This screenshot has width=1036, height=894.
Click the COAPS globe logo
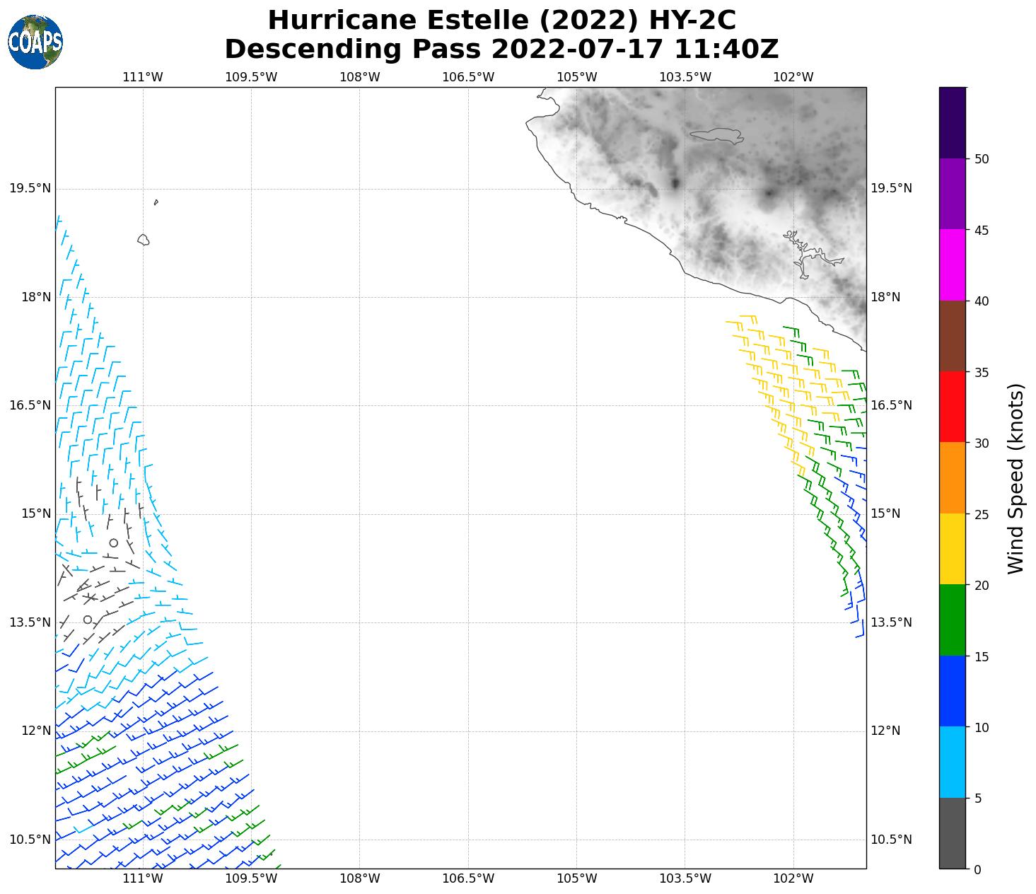pos(35,42)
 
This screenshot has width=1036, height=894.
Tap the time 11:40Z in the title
pos(726,50)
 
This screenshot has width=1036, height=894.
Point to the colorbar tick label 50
pos(981,159)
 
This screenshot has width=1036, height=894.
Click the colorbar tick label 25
pos(981,514)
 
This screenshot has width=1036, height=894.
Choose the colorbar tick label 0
pos(977,869)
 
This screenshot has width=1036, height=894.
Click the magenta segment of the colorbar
pos(953,265)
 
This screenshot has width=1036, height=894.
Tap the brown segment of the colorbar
pos(953,336)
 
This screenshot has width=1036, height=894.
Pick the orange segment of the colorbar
pos(953,478)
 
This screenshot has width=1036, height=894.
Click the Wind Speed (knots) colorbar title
pos(1015,478)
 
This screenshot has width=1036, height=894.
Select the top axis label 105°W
pos(576,77)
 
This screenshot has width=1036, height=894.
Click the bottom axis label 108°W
pos(360,879)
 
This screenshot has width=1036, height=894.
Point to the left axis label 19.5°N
pos(30,188)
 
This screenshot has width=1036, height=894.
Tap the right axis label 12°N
pos(885,731)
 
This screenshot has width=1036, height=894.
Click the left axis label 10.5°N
pos(30,840)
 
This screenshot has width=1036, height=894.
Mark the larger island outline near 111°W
pos(144,240)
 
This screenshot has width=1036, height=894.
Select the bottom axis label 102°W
pos(793,879)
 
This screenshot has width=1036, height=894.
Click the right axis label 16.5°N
pos(891,405)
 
